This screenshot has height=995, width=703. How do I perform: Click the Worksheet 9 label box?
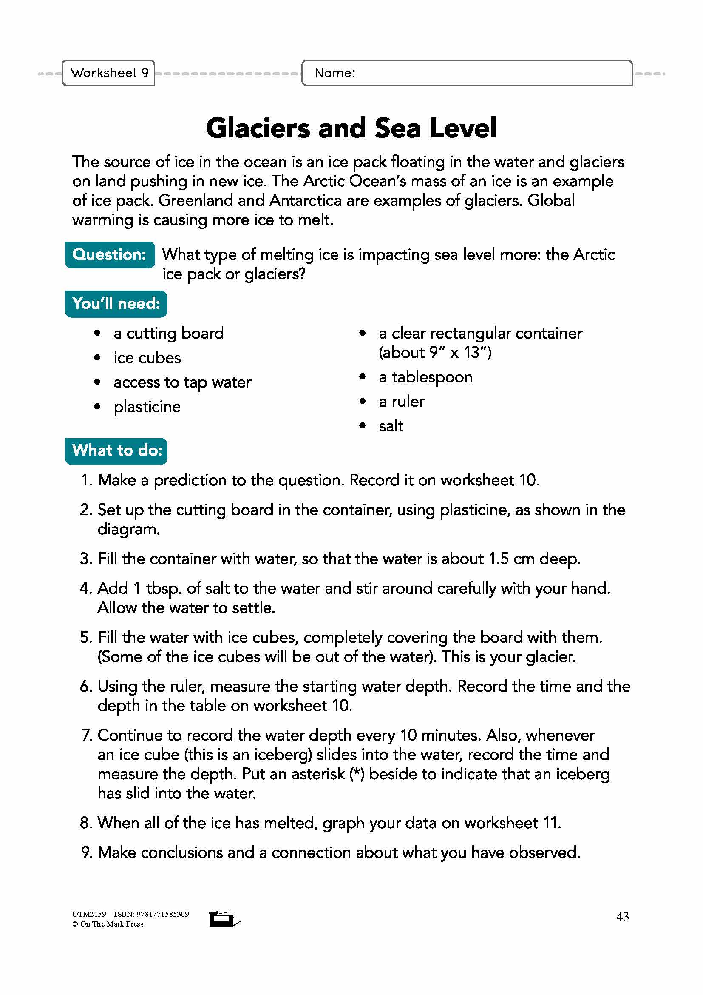pos(109,73)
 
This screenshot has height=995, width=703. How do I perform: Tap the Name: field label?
pos(334,73)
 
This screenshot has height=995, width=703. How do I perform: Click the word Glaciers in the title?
pos(258,128)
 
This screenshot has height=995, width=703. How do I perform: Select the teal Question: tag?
pos(110,254)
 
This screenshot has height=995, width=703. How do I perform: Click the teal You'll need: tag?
pos(116,304)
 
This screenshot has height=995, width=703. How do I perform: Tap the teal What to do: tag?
pos(116,450)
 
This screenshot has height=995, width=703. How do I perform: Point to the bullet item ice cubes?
pos(147,358)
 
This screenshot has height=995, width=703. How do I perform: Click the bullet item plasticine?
pos(147,407)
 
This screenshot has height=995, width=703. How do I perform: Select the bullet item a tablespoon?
pos(425,377)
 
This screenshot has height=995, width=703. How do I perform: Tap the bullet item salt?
pos(391,426)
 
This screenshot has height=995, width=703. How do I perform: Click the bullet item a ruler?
pos(401,402)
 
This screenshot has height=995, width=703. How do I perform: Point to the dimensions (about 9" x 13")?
pos(435,353)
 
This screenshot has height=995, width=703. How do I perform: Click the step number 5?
pos(85,638)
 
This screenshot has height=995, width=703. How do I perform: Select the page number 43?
pos(623,917)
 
